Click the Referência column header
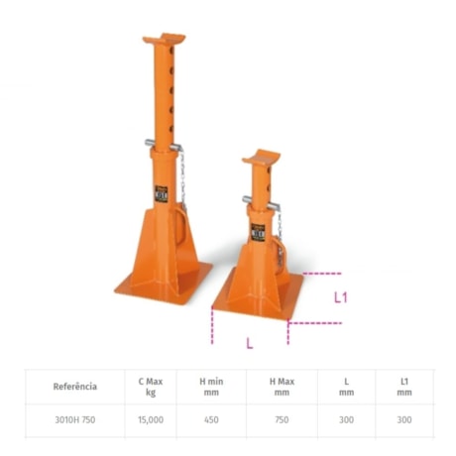tap(75, 387)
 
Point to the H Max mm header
tap(282, 387)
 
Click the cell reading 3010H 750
tap(75, 419)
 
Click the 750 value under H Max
tap(282, 419)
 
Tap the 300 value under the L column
tap(346, 419)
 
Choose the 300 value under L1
tap(403, 419)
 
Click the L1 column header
tap(403, 387)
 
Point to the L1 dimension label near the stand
tap(340, 296)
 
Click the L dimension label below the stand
tap(249, 343)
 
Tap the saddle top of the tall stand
tap(164, 41)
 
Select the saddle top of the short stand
tap(263, 159)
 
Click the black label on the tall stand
tap(162, 195)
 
